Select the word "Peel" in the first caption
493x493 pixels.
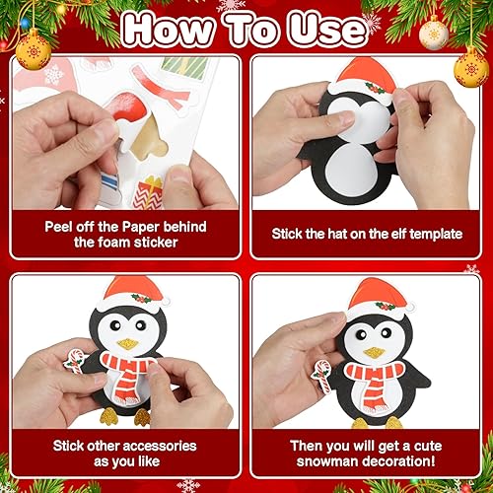tap(62, 226)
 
